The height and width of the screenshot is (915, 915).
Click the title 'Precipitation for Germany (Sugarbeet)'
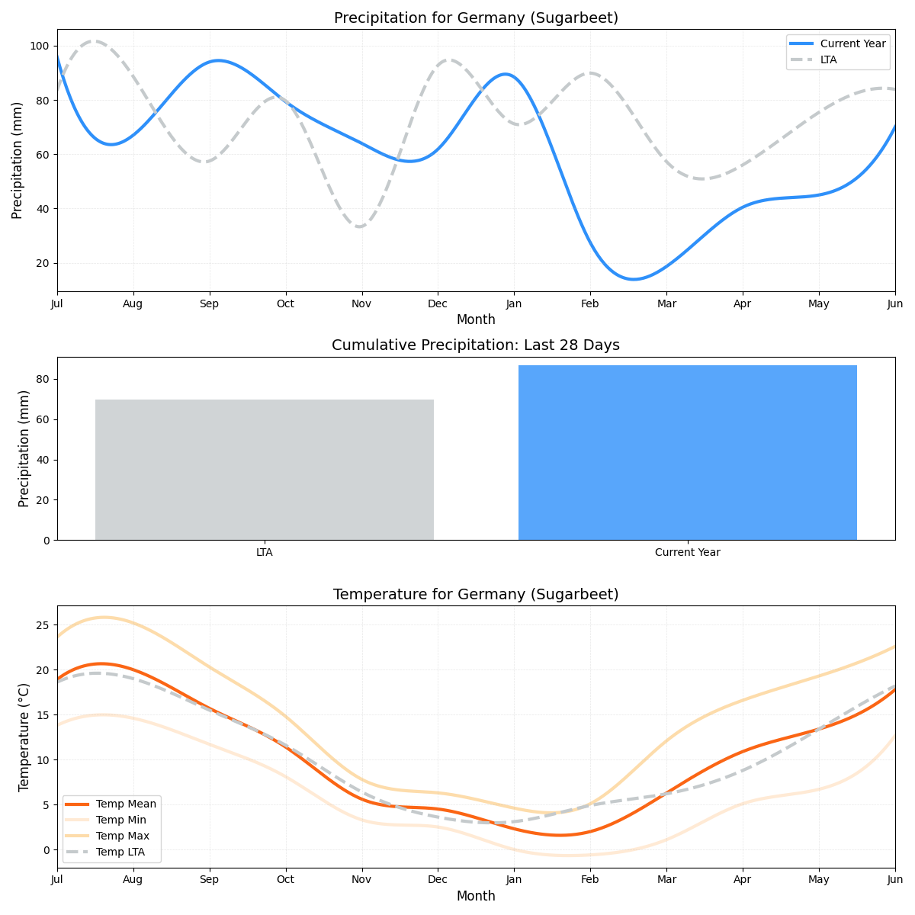point(476,18)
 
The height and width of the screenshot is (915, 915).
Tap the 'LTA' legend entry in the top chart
point(828,59)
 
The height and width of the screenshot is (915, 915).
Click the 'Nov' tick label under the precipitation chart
point(361,304)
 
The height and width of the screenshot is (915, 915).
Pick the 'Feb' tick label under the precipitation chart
point(589,304)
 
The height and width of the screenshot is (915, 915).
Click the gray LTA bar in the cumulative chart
point(265,470)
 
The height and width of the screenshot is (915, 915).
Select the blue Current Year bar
point(687,453)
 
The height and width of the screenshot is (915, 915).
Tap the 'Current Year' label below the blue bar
point(687,553)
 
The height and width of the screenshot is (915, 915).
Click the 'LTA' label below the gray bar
point(265,553)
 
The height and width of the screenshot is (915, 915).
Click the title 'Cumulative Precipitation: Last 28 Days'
point(476,345)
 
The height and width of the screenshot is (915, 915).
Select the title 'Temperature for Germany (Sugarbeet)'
point(476,595)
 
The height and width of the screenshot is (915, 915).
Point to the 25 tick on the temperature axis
point(43,625)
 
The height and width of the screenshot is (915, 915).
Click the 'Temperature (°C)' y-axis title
point(24,737)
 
